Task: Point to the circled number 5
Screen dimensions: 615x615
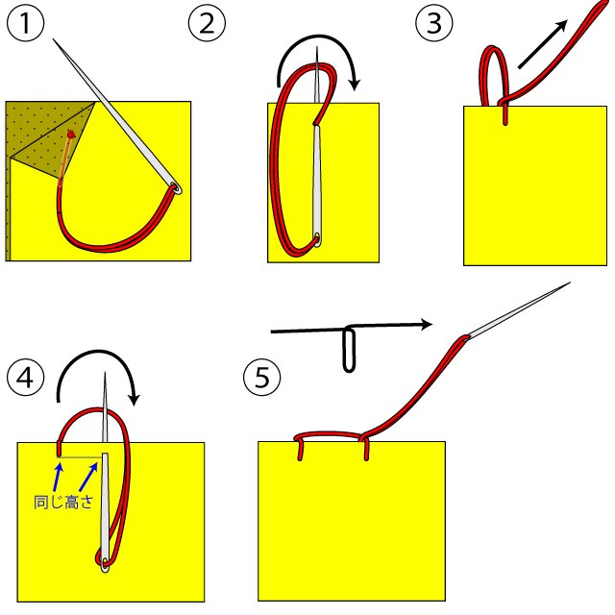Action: point(261,377)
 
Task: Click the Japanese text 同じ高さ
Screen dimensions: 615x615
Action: point(61,502)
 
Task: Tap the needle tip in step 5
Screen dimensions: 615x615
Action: point(569,283)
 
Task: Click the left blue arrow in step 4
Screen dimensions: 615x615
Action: point(58,474)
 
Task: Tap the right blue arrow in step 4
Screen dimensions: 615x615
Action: point(89,474)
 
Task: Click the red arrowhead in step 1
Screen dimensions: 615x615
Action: point(70,135)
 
